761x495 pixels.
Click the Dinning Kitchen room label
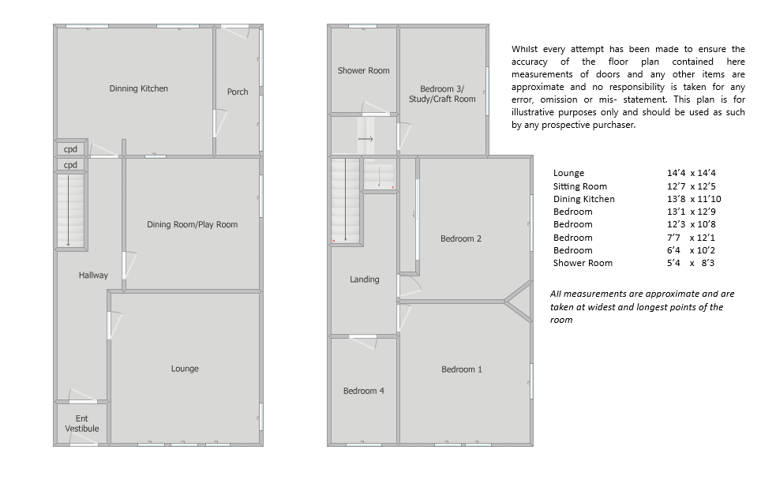138,88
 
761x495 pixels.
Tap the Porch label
238,92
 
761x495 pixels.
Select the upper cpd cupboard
70,149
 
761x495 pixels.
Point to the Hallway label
93,276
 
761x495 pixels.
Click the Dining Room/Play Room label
192,224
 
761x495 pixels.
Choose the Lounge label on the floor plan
185,369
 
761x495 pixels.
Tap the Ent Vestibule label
82,424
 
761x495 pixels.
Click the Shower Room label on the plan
363,70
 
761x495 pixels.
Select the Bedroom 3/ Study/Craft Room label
442,94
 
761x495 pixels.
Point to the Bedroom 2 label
460,238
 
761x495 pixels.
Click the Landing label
365,279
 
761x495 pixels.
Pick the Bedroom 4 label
363,391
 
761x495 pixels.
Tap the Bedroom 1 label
462,369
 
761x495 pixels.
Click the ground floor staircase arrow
69,210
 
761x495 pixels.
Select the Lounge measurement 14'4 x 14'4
691,173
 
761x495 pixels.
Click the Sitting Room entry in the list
580,186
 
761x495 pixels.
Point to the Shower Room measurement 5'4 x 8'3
691,263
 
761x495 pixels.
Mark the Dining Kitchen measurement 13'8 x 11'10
694,199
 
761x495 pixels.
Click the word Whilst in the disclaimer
525,49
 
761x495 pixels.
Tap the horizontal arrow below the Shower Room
366,139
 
